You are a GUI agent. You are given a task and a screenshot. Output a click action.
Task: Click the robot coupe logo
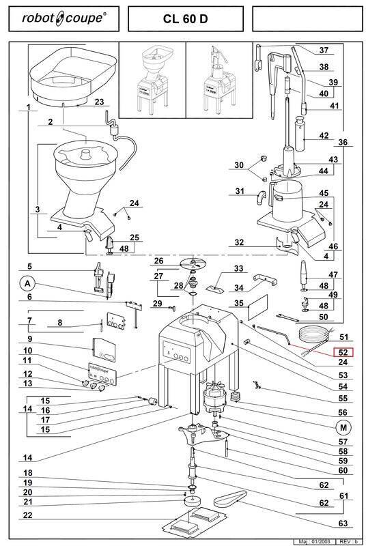(64, 18)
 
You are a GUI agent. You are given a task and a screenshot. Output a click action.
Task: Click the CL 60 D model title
(185, 19)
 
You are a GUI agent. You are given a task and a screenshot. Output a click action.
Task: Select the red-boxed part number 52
(343, 352)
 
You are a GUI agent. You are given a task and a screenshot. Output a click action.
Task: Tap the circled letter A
(27, 284)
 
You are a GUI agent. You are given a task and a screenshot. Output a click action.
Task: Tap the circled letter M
(343, 427)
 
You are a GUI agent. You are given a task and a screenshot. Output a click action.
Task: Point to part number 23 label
(99, 102)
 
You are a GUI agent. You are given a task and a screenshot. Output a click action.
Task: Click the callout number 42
(324, 135)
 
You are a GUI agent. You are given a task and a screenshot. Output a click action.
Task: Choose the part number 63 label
(343, 523)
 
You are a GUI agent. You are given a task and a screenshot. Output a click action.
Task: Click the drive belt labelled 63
(230, 498)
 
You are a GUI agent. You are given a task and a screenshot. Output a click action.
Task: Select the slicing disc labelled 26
(193, 264)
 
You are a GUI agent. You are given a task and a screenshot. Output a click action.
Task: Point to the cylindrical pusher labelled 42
(300, 134)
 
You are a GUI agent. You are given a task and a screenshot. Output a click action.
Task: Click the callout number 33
(238, 268)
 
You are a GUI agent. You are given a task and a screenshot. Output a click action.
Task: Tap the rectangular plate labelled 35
(257, 306)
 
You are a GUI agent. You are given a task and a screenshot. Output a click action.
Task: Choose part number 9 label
(29, 339)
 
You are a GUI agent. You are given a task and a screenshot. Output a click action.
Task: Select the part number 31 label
(240, 191)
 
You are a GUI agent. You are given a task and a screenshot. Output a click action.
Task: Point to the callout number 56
(343, 412)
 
